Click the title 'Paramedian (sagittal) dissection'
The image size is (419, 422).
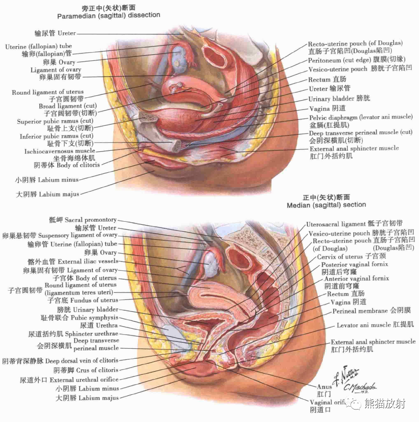(x=108, y=15)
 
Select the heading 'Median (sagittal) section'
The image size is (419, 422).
(x=326, y=205)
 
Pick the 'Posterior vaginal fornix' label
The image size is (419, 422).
(x=354, y=264)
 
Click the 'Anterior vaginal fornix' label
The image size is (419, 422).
(x=356, y=279)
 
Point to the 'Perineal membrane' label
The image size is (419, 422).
(x=360, y=310)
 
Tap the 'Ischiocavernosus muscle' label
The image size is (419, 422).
(x=60, y=151)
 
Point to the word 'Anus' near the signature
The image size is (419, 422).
(x=324, y=387)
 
